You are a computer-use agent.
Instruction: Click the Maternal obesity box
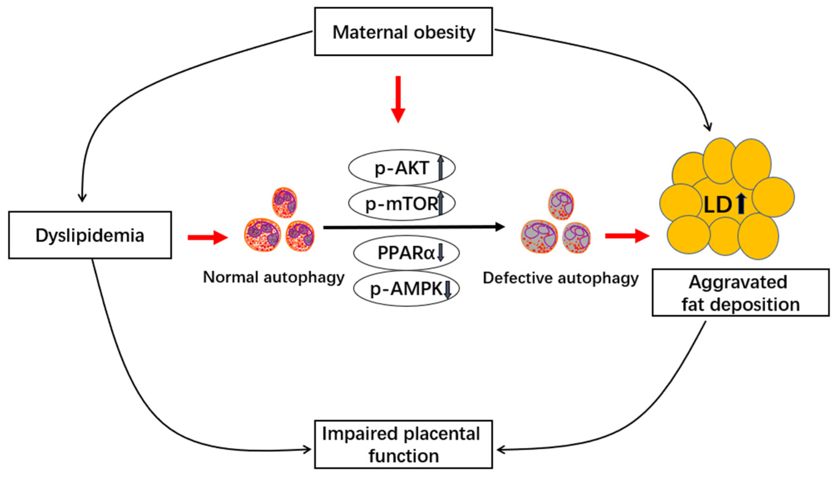[x=403, y=32]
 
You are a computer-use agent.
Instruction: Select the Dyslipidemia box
[x=90, y=235]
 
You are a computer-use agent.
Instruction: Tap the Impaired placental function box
[x=403, y=444]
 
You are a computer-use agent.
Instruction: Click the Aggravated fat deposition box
[x=740, y=293]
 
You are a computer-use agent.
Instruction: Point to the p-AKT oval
[x=401, y=168]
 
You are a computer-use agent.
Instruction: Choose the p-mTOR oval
[x=401, y=203]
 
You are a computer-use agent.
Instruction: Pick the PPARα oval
[x=406, y=253]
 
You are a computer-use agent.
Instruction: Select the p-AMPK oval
[x=406, y=288]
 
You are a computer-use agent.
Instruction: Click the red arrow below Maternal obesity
[x=398, y=99]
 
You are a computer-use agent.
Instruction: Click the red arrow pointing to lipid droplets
[x=627, y=236]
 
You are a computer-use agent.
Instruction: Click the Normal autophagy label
[x=273, y=277]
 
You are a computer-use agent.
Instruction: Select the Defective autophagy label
[x=561, y=278]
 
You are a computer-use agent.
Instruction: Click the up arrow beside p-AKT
[x=440, y=168]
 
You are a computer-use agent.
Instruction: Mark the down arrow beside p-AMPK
[x=448, y=289]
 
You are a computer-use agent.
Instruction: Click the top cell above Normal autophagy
[x=284, y=203]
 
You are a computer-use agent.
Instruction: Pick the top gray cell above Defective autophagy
[x=561, y=204]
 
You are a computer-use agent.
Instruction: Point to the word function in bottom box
[x=404, y=456]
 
